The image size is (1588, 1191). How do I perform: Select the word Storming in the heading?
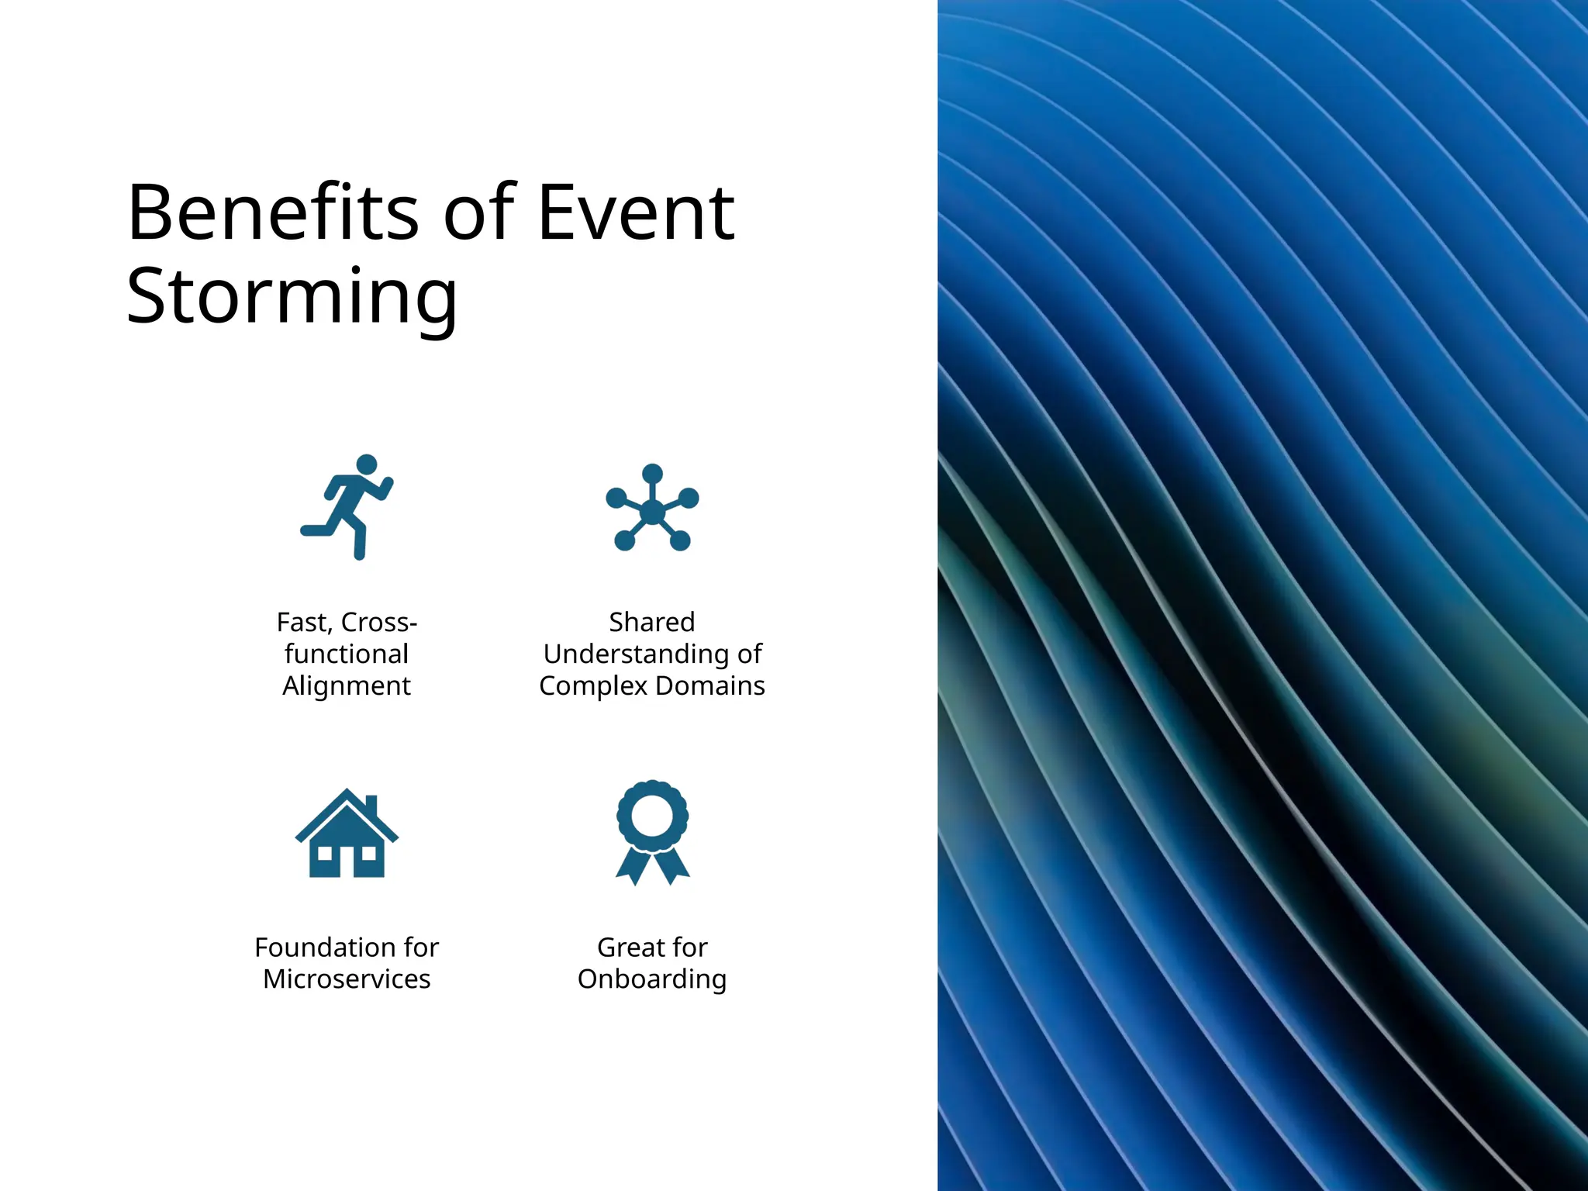pyautogui.click(x=292, y=296)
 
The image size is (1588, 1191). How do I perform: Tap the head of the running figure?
pyautogui.click(x=366, y=464)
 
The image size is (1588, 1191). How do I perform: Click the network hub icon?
pyautogui.click(x=652, y=508)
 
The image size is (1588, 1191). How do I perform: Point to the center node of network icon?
pyautogui.click(x=653, y=512)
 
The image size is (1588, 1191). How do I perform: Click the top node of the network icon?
pyautogui.click(x=653, y=474)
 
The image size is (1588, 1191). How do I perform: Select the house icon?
pyautogui.click(x=347, y=834)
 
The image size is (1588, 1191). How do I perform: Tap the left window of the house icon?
pyautogui.click(x=326, y=854)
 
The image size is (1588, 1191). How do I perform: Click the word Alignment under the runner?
pyautogui.click(x=347, y=686)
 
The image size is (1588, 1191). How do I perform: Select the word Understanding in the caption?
pyautogui.click(x=636, y=654)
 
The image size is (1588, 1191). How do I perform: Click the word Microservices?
pyautogui.click(x=347, y=979)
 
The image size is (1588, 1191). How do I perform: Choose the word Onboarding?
pyautogui.click(x=652, y=979)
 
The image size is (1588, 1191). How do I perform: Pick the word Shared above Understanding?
pyautogui.click(x=652, y=622)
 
